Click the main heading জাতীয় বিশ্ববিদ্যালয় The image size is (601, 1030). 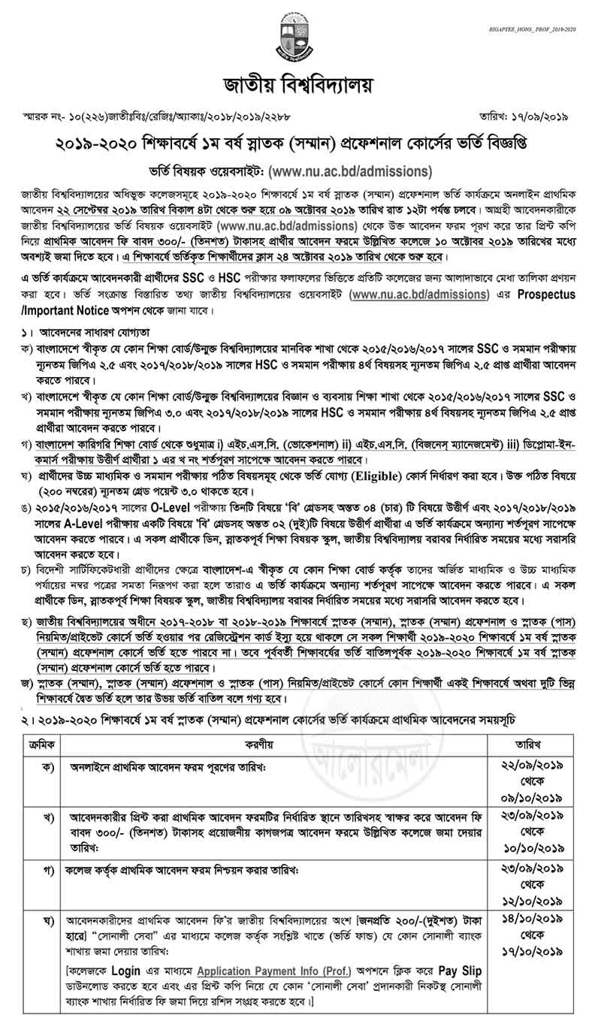300,83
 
